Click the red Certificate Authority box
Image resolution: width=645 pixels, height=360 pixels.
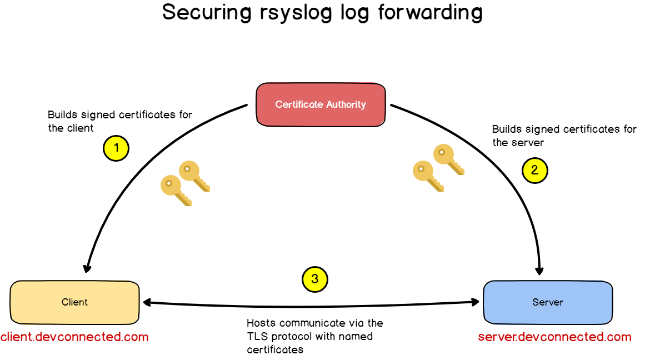(321, 104)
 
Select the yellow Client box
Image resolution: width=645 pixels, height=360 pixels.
(74, 302)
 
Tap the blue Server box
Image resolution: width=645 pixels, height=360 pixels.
(547, 302)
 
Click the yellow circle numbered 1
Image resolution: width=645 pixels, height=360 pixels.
(116, 148)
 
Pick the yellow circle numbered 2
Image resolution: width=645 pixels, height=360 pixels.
(534, 170)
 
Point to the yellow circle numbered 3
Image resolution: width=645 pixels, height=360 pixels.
(314, 279)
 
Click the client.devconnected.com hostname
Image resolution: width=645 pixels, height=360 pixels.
(74, 337)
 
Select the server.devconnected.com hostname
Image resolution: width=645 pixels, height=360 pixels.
(554, 337)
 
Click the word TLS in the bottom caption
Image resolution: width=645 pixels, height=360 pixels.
(257, 336)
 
